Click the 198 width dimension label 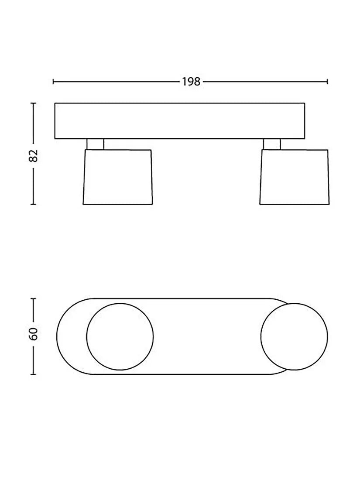(191, 82)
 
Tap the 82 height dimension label (33, 156)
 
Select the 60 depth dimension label (33, 334)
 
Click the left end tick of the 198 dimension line (53, 82)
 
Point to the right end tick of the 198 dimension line (328, 82)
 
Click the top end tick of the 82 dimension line (33, 103)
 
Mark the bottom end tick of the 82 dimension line (33, 204)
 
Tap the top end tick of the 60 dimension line (33, 298)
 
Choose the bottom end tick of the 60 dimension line (33, 374)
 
